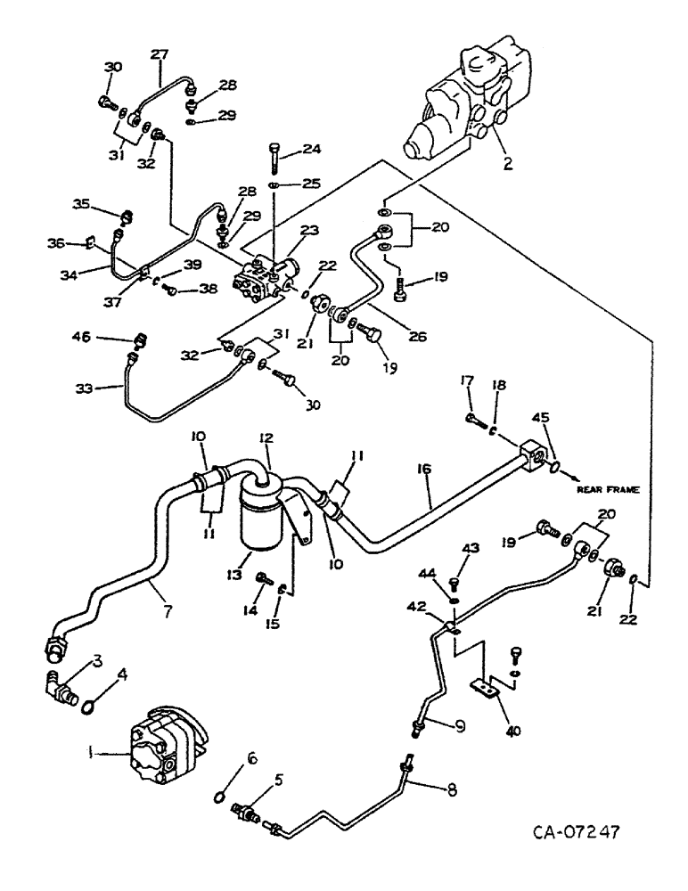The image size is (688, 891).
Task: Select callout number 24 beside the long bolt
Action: click(x=312, y=149)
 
